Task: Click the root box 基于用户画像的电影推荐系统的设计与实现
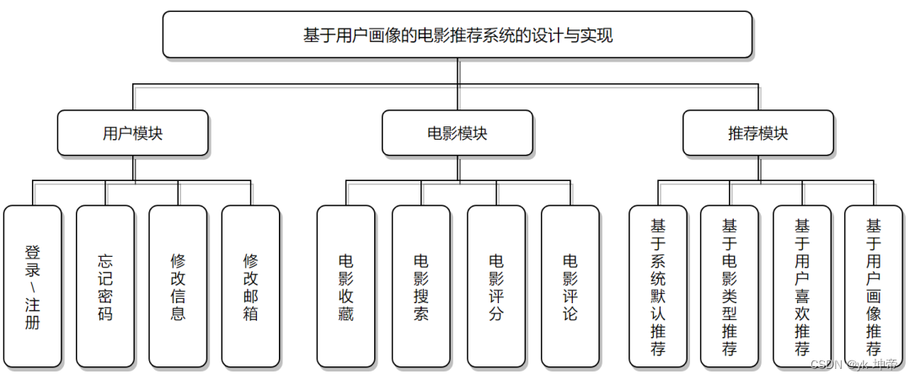(458, 35)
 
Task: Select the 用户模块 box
(132, 133)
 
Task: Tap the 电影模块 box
(457, 133)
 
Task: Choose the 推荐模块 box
(757, 133)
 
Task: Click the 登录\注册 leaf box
(33, 286)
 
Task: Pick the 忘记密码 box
(105, 286)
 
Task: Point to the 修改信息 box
(178, 286)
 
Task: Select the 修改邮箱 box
(250, 286)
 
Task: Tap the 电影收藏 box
(345, 286)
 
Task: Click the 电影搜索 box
(421, 286)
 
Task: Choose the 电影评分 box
(496, 286)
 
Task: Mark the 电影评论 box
(570, 286)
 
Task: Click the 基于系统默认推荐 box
(658, 286)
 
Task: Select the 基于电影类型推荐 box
(730, 286)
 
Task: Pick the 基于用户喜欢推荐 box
(802, 286)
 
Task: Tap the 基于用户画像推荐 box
(874, 286)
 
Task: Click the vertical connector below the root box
(458, 71)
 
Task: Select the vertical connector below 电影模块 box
(458, 168)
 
